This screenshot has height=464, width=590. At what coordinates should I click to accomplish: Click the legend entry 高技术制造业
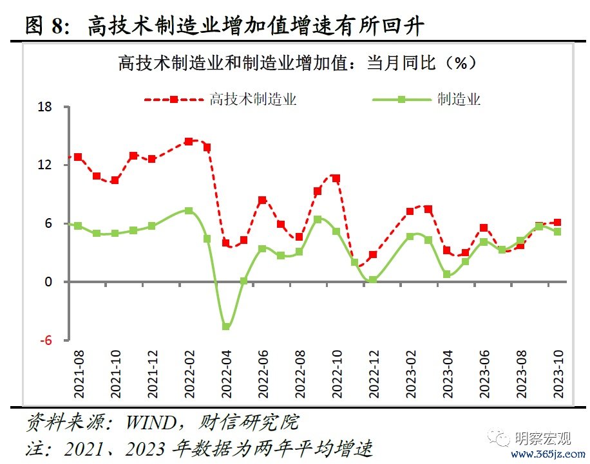click(252, 100)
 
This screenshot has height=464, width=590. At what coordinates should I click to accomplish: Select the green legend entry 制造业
click(459, 100)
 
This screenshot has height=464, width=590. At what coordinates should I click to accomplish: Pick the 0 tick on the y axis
click(49, 282)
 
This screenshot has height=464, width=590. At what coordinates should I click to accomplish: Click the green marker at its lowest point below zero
click(226, 326)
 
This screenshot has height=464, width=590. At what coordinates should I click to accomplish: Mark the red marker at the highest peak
click(188, 141)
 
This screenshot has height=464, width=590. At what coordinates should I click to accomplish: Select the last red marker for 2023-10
click(558, 223)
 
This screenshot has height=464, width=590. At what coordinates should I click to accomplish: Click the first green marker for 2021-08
click(79, 226)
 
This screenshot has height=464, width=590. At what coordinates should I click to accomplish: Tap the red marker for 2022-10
click(336, 178)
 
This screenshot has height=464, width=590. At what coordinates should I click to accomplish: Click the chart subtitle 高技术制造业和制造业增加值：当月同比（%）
click(296, 63)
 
